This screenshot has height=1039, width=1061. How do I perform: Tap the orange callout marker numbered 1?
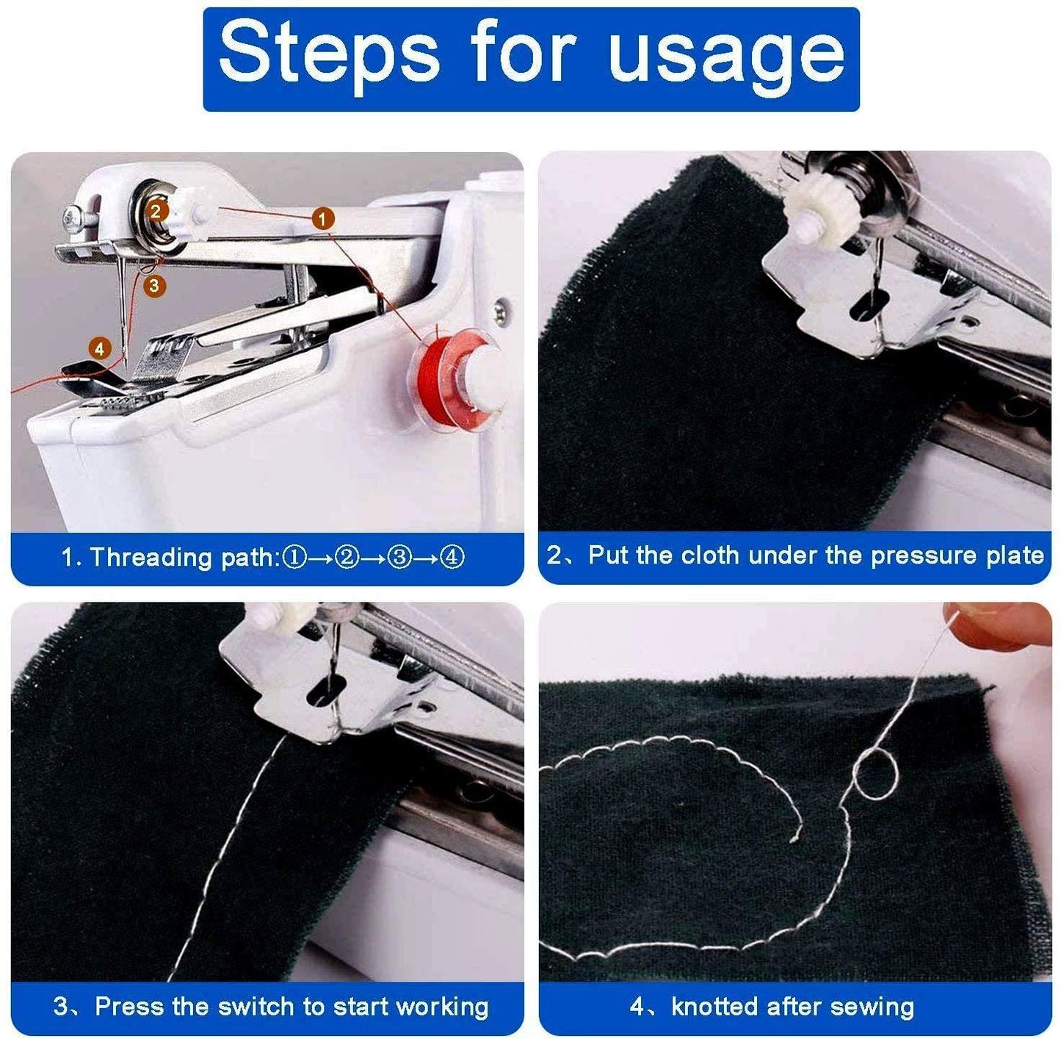323,217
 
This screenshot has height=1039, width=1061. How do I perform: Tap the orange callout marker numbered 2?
156,211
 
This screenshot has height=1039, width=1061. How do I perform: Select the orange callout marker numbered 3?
153,285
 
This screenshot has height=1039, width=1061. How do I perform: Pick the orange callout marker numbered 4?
100,349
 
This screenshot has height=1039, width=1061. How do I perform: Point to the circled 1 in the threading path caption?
295,558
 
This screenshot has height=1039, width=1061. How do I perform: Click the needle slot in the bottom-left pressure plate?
327,691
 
